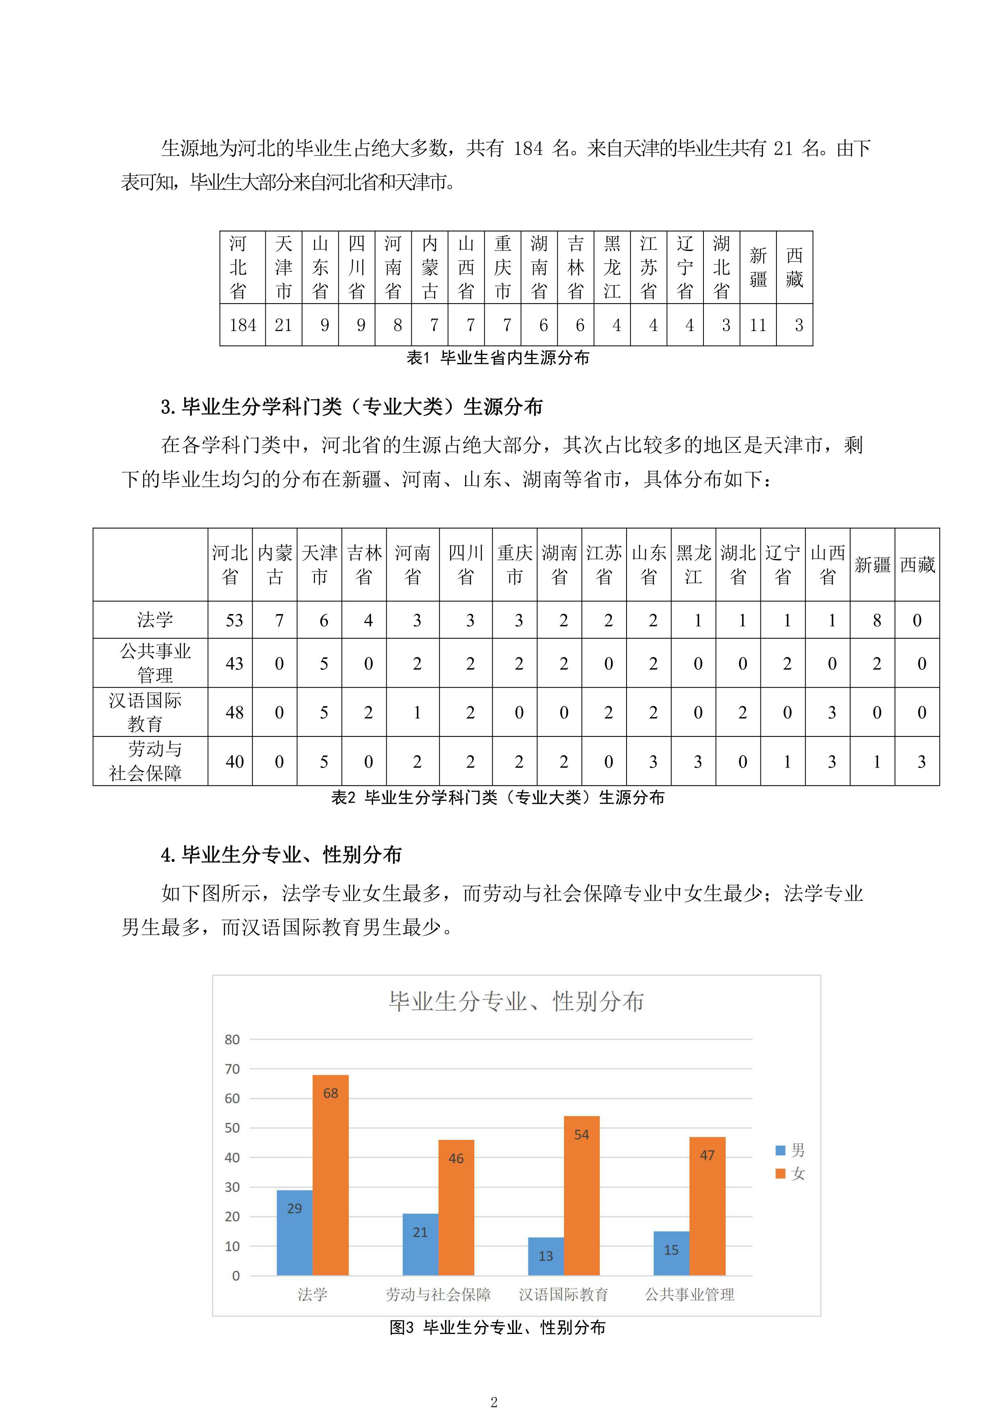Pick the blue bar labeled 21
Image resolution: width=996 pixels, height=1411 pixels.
[x=420, y=1244]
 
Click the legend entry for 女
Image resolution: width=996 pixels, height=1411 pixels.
[x=790, y=1173]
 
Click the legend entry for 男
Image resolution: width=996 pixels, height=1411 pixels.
[x=790, y=1150]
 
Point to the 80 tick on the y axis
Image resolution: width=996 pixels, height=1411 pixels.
[x=232, y=1039]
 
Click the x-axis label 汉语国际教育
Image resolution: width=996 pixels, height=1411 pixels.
[x=563, y=1294]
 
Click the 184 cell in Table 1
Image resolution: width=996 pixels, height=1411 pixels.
[x=243, y=325]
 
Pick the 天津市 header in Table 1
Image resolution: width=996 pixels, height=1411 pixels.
[x=284, y=267]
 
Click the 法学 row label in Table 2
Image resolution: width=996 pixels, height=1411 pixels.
[x=155, y=620]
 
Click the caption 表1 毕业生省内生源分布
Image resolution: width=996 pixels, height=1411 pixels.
[x=497, y=358]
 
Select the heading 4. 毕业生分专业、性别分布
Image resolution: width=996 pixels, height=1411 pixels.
[x=281, y=854]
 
